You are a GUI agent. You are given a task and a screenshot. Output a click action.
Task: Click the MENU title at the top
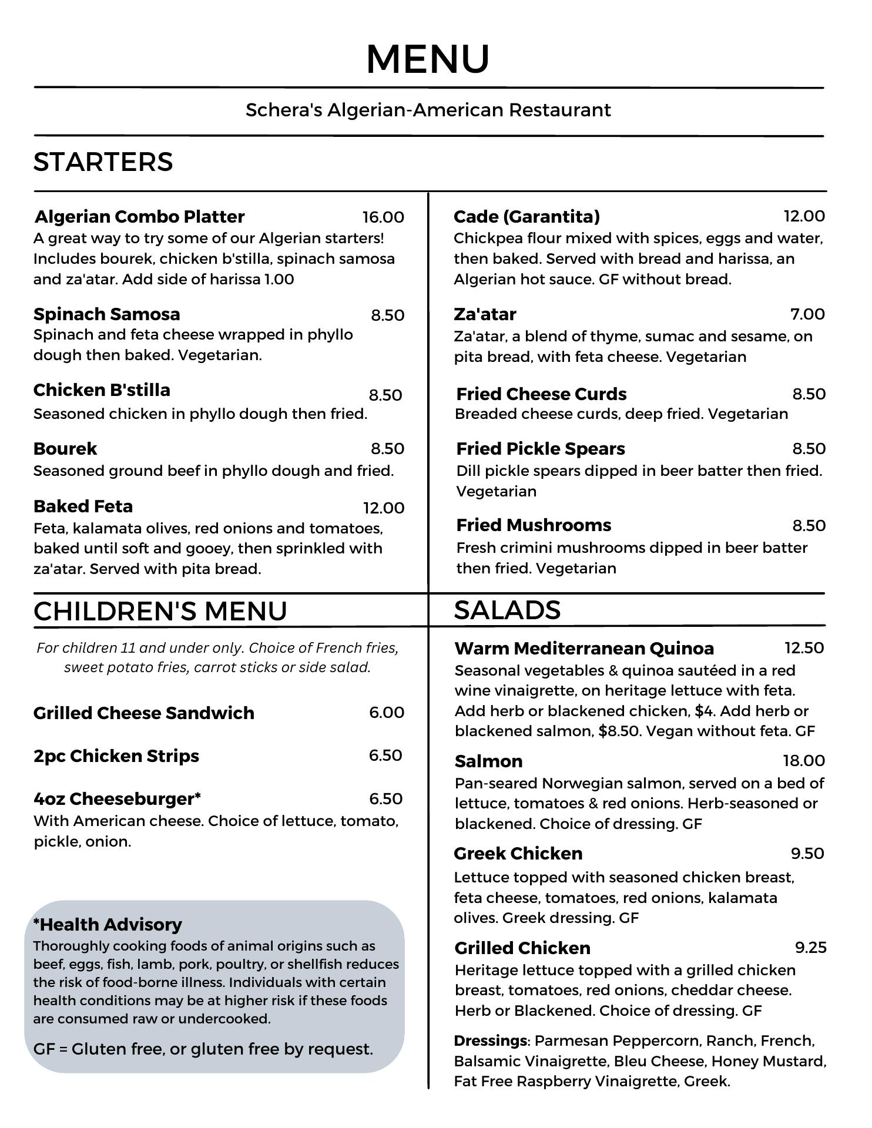pyautogui.click(x=428, y=59)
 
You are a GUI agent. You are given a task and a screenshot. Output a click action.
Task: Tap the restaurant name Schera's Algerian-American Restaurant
pyautogui.click(x=428, y=110)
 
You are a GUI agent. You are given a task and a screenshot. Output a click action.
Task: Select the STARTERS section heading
pyautogui.click(x=103, y=162)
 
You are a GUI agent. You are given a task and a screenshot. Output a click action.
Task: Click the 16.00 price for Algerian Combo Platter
pyautogui.click(x=383, y=217)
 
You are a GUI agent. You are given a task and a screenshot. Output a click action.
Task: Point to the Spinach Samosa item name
pyautogui.click(x=107, y=314)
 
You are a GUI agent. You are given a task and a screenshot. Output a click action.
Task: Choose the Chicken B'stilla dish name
pyautogui.click(x=102, y=390)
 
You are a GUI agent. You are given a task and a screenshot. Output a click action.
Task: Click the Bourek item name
pyautogui.click(x=65, y=448)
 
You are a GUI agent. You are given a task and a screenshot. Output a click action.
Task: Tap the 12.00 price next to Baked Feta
pyautogui.click(x=384, y=508)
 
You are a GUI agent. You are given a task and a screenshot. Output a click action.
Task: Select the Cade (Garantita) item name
pyautogui.click(x=526, y=217)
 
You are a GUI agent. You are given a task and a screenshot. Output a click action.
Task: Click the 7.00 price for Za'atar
pyautogui.click(x=807, y=314)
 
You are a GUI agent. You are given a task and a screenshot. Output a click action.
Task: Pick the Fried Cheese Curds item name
pyautogui.click(x=541, y=394)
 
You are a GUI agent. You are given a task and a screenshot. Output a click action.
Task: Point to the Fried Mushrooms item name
pyautogui.click(x=534, y=525)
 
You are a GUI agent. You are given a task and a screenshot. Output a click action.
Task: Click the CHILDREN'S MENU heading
pyautogui.click(x=160, y=611)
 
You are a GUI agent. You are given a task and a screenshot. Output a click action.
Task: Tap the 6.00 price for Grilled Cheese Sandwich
pyautogui.click(x=387, y=713)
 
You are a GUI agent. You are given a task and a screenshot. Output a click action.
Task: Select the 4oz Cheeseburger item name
pyautogui.click(x=117, y=799)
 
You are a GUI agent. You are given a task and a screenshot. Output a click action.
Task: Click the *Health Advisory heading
pyautogui.click(x=108, y=925)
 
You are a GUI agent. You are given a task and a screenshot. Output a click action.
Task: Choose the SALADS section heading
pyautogui.click(x=507, y=610)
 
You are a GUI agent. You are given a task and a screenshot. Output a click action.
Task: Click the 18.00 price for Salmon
pyautogui.click(x=804, y=761)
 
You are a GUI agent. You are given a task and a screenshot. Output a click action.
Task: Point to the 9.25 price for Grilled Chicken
pyautogui.click(x=810, y=948)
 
